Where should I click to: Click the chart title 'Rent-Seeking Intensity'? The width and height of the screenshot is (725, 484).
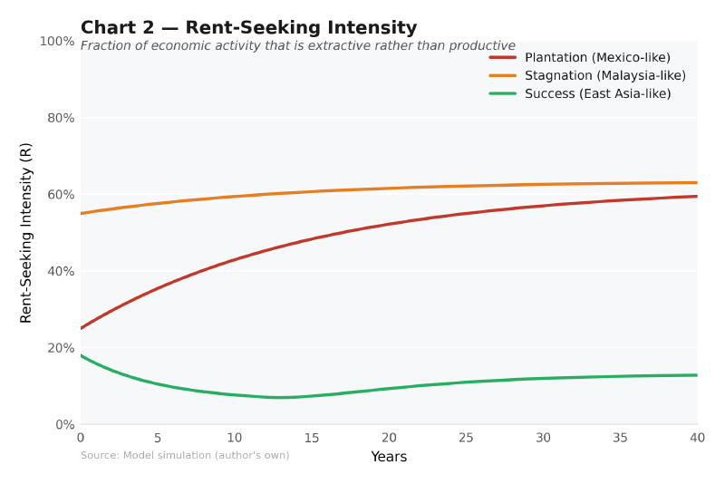coord(248,28)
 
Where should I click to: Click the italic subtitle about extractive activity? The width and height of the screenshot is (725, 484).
coord(297,46)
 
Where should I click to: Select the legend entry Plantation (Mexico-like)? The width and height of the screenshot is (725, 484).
coord(597,57)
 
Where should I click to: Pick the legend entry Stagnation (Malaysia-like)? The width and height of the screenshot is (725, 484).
coord(604,75)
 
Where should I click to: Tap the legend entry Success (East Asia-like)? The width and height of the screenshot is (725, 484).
coord(597,93)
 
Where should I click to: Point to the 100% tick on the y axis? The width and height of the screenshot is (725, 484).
coord(57,42)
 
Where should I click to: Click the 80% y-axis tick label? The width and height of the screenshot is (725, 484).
coord(60,118)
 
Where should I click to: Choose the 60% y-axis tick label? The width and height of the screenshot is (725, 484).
coord(60,195)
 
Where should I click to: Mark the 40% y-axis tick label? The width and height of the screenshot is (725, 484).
coord(60,271)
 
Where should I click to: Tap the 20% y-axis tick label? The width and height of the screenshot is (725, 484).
coord(60,348)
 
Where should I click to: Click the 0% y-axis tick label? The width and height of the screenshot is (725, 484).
coord(63,424)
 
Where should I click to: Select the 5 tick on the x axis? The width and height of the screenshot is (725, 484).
coord(158,438)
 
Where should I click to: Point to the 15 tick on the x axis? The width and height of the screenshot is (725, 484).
coord(312,438)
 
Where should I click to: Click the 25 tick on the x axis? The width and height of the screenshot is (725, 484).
coord(466,438)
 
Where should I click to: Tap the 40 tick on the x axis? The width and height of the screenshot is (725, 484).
coord(697,438)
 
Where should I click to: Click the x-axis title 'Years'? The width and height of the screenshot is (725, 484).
coord(389,457)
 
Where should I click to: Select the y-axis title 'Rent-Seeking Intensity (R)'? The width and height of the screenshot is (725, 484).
coord(26,233)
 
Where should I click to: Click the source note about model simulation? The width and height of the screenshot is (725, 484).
coord(185,455)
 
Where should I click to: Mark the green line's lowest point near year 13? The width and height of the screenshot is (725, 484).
coord(281,397)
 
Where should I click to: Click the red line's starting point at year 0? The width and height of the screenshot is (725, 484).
coord(82,328)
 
